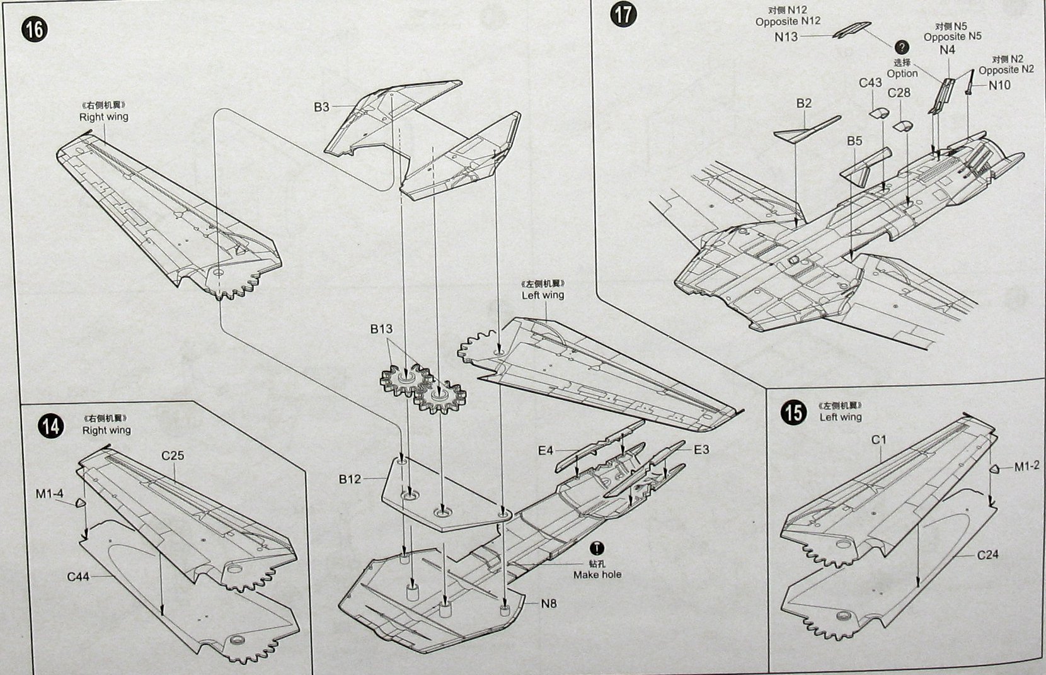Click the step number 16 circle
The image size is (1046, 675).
click(x=34, y=30)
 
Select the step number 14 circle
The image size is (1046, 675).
click(x=51, y=426)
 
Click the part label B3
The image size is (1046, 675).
click(x=321, y=107)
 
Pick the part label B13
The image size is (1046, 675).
click(x=381, y=329)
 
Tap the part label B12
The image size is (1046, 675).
click(x=350, y=479)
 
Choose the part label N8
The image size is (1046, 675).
click(x=549, y=603)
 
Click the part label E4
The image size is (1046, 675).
click(x=546, y=451)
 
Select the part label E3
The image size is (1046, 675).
click(x=701, y=450)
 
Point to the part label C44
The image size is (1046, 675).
click(x=79, y=576)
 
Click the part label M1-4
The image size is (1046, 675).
click(x=49, y=494)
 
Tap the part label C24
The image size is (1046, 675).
click(x=988, y=555)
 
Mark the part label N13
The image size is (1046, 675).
click(x=786, y=37)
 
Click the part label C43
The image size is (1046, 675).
click(x=870, y=82)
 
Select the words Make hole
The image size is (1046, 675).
click(x=597, y=574)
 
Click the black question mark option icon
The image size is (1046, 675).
click(x=902, y=47)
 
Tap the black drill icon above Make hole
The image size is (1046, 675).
click(x=597, y=548)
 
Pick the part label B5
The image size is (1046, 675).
click(x=854, y=141)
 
